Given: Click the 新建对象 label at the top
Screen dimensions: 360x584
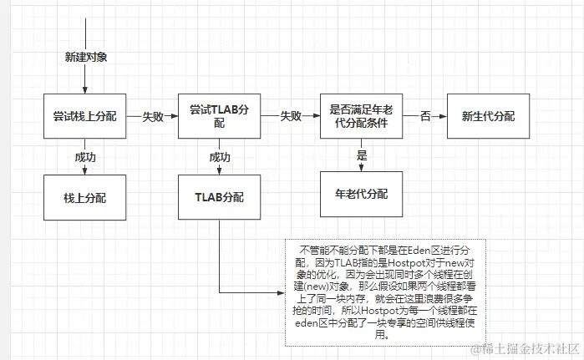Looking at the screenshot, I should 85,58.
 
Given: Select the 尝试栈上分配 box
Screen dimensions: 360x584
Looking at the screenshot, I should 85,116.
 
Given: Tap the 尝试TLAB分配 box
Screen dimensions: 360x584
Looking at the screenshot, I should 220,116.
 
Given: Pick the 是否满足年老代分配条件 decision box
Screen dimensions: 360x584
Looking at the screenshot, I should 362,116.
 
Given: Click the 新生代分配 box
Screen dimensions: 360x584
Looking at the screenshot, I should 488,116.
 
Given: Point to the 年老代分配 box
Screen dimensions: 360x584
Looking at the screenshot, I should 362,194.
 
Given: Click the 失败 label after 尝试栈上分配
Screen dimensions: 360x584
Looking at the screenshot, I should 153,116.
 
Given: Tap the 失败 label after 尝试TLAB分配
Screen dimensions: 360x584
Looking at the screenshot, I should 290,116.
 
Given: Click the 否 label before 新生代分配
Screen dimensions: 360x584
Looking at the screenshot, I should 425,116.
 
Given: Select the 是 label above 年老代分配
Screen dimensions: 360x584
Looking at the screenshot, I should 362,155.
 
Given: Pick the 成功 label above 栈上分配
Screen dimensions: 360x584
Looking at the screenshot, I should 85,156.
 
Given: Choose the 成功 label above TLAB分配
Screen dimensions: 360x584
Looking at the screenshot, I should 220,156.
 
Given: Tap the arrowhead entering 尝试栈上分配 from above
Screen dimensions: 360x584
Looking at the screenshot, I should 85,91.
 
